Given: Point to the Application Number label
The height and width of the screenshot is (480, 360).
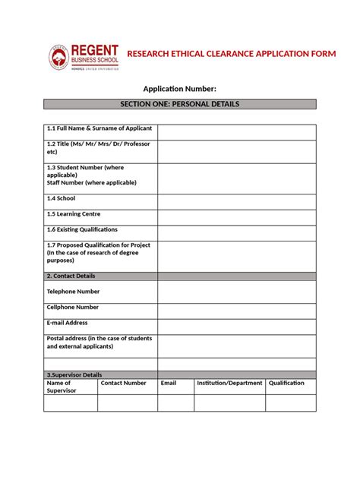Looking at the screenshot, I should click(179, 89).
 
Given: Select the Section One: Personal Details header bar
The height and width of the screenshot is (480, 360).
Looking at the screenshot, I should click(179, 103).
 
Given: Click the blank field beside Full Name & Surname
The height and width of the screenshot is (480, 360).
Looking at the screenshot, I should click(236, 132).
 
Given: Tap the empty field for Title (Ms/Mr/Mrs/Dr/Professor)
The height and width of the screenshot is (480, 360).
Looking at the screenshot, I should click(236, 151).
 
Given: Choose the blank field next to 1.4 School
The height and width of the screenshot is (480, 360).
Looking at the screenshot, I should click(236, 201).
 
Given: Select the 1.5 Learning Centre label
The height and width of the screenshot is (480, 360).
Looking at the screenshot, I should click(74, 214).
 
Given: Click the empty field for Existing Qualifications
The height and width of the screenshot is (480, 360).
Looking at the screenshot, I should click(236, 232).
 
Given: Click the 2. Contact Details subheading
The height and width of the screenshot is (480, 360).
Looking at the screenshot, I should click(71, 276).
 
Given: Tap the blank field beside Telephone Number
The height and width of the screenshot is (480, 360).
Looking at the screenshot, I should click(236, 292).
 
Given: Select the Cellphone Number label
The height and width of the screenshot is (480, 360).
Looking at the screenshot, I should click(73, 308).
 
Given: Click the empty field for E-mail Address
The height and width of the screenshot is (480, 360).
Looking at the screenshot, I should click(236, 327).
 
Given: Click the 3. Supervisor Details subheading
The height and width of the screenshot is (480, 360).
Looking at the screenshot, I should click(74, 375).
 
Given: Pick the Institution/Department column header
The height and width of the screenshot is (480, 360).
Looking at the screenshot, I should click(229, 384).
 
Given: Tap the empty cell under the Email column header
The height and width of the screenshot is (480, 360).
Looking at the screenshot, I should click(175, 403).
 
